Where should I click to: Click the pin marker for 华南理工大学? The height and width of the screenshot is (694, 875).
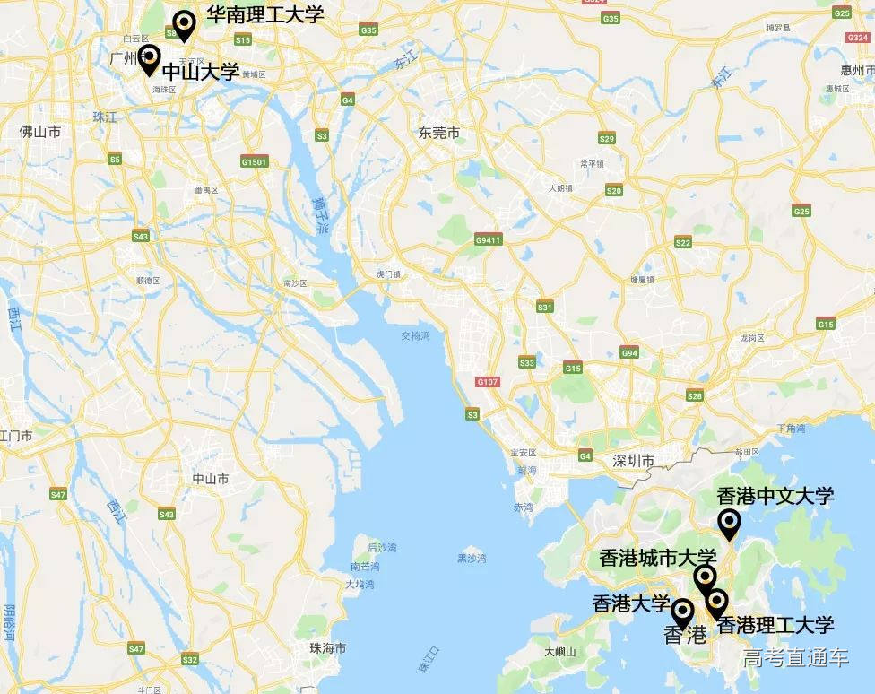tap(184, 24)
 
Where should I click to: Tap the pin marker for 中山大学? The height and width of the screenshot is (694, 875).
tap(150, 58)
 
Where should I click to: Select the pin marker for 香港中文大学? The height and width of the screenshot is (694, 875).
tap(730, 523)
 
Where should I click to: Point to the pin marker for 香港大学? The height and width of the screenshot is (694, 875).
tap(682, 612)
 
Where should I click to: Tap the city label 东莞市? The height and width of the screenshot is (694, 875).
tap(438, 133)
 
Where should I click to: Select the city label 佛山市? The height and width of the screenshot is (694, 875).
tap(40, 132)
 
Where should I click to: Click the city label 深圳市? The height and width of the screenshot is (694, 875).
tap(634, 462)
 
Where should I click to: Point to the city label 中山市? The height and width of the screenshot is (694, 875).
tap(210, 479)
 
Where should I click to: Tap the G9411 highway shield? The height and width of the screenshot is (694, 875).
tap(489, 240)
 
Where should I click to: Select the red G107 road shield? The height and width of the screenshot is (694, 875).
tap(487, 382)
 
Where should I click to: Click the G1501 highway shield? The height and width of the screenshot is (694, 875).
tap(254, 161)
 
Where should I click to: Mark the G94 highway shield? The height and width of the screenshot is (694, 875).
tap(629, 353)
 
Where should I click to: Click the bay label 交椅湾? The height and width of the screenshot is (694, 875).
tap(415, 336)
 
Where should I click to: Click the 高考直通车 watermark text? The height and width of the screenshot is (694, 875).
tap(795, 657)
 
